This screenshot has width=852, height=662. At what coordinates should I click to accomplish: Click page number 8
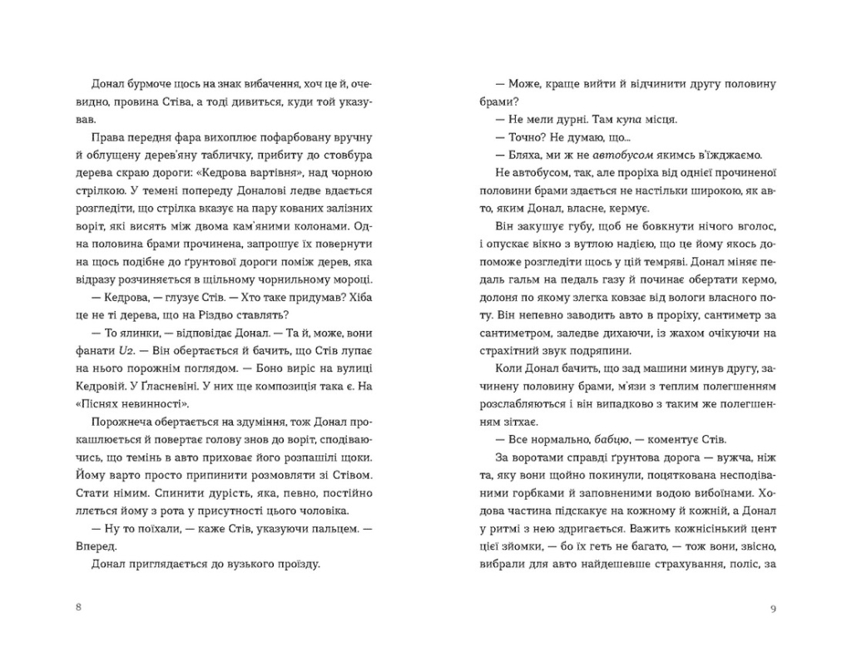[77, 608]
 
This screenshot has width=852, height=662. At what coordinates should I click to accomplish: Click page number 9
[773, 608]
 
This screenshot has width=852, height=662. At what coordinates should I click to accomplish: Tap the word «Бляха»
[523, 155]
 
